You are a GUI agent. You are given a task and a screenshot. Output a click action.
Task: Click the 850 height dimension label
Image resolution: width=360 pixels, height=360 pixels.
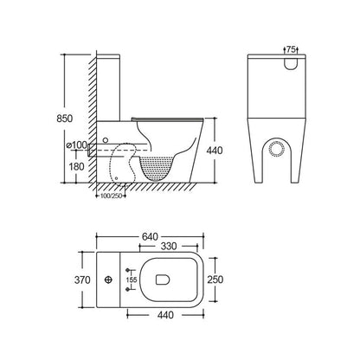coord(65,119)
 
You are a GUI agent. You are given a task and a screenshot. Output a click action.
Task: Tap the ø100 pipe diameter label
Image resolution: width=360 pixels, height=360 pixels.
coord(76,145)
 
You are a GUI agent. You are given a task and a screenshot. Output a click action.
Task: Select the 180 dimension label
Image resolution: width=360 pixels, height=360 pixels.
coord(77,166)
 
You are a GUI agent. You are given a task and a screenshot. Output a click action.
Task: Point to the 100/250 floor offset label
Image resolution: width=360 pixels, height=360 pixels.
coord(109,196)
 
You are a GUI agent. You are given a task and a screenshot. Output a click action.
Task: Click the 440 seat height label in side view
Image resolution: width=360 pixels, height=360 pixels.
coord(215,151)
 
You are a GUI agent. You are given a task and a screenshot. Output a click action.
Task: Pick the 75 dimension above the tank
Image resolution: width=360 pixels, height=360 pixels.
coord(291,49)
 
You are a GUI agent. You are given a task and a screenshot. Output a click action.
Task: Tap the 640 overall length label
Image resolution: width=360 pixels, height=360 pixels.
coord(150,236)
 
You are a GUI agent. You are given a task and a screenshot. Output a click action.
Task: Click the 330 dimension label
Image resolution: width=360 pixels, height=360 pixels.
coord(169,247)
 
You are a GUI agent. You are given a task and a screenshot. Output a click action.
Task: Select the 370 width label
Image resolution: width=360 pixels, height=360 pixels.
coord(82,280)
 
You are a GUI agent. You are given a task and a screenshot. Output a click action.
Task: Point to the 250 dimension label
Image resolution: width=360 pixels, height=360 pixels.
coord(215,280)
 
